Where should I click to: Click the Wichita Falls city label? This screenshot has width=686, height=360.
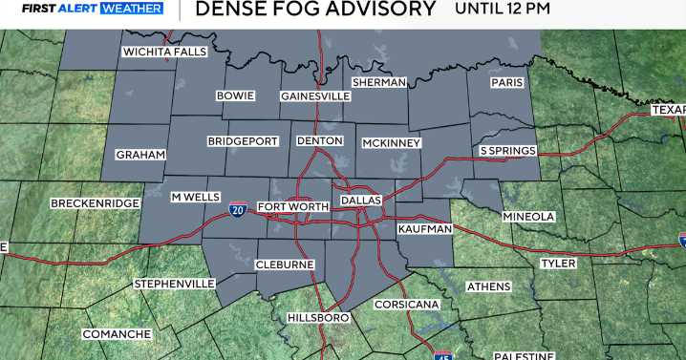[x=163, y=52]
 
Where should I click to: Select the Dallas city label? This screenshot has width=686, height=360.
[x=361, y=201]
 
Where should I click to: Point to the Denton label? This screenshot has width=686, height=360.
[x=320, y=141]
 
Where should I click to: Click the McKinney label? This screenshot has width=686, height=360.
[x=392, y=143]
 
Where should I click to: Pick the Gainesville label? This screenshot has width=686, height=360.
[x=315, y=96]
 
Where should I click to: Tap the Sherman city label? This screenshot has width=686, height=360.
[x=379, y=82]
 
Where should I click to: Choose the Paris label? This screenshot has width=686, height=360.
[x=507, y=82]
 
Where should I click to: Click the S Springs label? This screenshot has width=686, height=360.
[x=507, y=151]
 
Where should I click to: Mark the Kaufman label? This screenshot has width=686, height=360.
[x=425, y=229]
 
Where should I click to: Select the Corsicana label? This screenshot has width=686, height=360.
[x=406, y=305]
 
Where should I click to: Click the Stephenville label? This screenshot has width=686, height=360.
[x=173, y=284]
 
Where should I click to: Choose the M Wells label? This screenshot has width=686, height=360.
[x=195, y=197]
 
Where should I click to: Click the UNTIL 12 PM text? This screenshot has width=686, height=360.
[x=503, y=10]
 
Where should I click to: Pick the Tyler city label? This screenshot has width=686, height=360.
[x=558, y=263]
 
